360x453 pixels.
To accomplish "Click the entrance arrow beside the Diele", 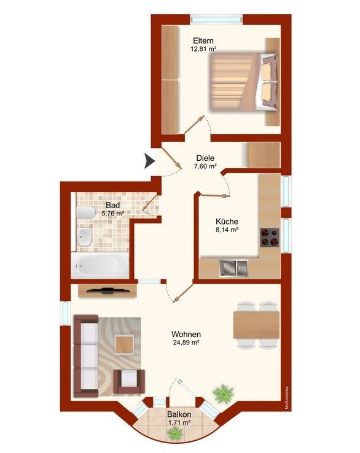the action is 149,161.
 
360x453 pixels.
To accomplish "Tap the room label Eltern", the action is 203,41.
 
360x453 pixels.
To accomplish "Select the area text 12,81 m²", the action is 203,49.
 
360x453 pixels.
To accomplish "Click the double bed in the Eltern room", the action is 243,82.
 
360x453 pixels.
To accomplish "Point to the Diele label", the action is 205,158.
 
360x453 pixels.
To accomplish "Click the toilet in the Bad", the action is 86,213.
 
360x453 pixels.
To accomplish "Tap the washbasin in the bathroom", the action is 84,236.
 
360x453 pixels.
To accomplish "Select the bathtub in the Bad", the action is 100,266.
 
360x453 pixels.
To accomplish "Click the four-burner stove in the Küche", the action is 270,237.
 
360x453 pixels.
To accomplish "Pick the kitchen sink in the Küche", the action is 234,268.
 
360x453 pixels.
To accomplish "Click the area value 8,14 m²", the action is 227,230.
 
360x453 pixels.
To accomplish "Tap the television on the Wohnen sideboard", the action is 108,290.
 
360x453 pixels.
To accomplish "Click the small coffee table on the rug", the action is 124,345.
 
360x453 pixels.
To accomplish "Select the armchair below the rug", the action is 129,382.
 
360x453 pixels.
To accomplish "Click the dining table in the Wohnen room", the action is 256,325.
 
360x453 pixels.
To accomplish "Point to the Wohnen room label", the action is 186,335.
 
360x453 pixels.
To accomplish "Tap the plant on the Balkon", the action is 175,433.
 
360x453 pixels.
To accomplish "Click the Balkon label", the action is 179,414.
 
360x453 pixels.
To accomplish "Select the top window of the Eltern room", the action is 217,20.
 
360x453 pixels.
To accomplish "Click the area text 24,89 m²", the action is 186,343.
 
